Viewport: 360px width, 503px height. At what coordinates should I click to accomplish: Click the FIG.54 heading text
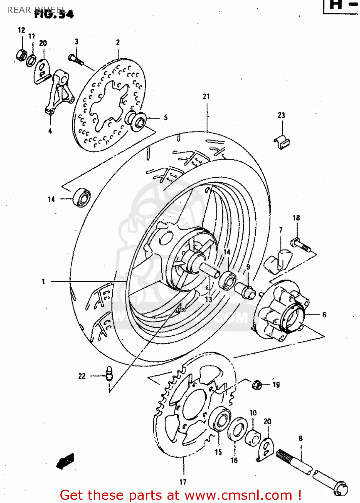(x=54, y=14)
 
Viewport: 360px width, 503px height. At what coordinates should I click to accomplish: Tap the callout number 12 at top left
(x=21, y=30)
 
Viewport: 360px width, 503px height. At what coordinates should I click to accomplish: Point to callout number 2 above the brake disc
(x=118, y=42)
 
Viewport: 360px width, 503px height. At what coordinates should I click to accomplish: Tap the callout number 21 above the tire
(x=206, y=97)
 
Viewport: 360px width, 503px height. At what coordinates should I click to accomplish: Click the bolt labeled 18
(x=302, y=245)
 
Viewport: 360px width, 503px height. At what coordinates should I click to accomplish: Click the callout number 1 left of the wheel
(x=43, y=282)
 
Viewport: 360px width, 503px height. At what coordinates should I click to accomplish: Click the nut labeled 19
(x=257, y=385)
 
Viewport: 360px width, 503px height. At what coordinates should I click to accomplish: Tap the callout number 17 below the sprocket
(x=183, y=482)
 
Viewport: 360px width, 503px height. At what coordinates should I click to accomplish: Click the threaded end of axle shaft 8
(x=285, y=458)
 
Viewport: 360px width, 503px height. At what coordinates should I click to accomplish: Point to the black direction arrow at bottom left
(x=65, y=461)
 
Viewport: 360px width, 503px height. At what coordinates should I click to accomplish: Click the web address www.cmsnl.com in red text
(x=238, y=495)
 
